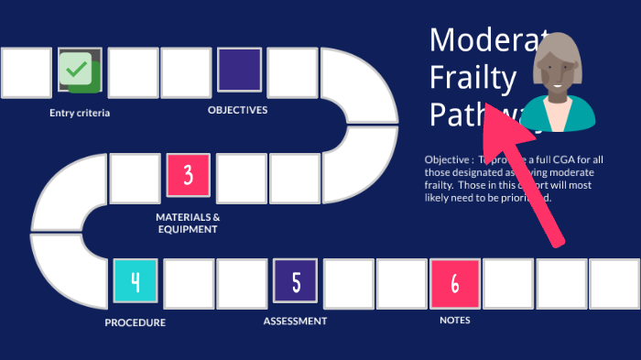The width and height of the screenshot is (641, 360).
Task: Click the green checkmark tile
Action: point(80,71)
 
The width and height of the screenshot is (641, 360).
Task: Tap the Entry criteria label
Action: point(80,114)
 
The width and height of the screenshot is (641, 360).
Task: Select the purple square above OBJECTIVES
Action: point(240,71)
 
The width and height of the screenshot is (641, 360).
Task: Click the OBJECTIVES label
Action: point(237,110)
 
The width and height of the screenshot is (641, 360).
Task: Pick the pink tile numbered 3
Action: point(188,176)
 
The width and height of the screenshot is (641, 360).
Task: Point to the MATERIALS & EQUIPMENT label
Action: point(188,223)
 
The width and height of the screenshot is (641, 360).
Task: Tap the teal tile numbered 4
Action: point(136,282)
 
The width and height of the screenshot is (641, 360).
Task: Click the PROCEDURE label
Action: point(135,322)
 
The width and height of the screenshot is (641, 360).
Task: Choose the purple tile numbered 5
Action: point(296,282)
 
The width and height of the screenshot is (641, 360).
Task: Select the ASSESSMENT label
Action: point(295,321)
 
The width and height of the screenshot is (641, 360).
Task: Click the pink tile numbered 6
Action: point(455,282)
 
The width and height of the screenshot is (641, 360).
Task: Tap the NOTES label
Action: point(455,321)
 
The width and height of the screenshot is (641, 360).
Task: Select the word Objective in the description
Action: point(447,159)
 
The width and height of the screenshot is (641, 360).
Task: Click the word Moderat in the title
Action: point(481,39)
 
